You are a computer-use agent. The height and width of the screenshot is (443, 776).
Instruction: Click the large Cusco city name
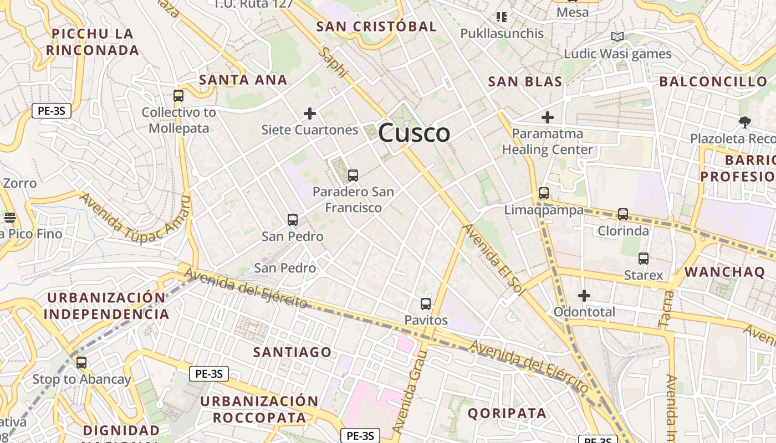(x=414, y=133)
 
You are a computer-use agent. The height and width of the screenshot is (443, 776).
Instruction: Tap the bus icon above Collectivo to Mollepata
(x=178, y=95)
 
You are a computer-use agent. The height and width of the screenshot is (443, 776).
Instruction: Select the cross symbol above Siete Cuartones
(x=310, y=114)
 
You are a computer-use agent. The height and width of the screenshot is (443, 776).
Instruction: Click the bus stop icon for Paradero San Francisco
(x=353, y=176)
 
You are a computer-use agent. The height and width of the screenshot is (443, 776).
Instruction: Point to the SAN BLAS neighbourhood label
(x=525, y=82)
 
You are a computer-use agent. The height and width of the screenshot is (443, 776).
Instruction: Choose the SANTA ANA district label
(x=243, y=80)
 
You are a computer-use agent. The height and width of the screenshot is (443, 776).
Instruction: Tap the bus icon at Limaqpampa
(x=544, y=193)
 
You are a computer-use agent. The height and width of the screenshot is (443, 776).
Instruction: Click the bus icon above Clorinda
(x=623, y=214)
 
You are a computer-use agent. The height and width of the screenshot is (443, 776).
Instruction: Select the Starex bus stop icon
(x=643, y=258)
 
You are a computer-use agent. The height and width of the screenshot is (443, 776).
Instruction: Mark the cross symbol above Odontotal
(x=584, y=296)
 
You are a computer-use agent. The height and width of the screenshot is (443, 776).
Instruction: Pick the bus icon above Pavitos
(x=426, y=303)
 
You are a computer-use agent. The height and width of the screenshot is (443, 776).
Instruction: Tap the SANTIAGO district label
(x=292, y=352)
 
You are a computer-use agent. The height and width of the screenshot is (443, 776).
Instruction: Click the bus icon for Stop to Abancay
(x=81, y=363)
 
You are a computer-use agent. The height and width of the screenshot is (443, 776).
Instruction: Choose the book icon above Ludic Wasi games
(x=617, y=37)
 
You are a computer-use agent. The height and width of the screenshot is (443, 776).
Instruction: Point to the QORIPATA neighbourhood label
(x=507, y=413)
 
